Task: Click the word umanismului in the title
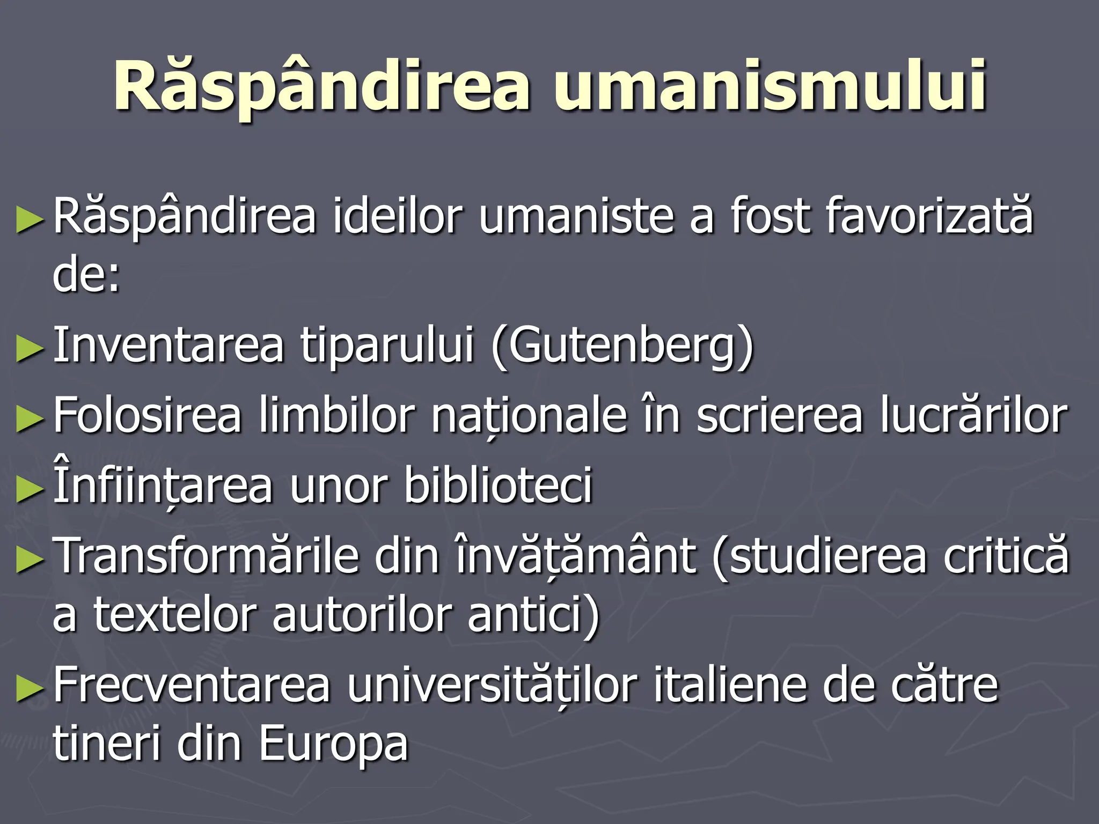[x=770, y=86]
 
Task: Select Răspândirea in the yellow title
[x=322, y=86]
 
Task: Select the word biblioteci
[x=498, y=485]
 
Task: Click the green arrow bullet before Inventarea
[x=30, y=349]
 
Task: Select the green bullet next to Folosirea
[x=30, y=419]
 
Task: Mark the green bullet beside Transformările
[x=30, y=560]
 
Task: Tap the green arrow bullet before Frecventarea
[x=30, y=689]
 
